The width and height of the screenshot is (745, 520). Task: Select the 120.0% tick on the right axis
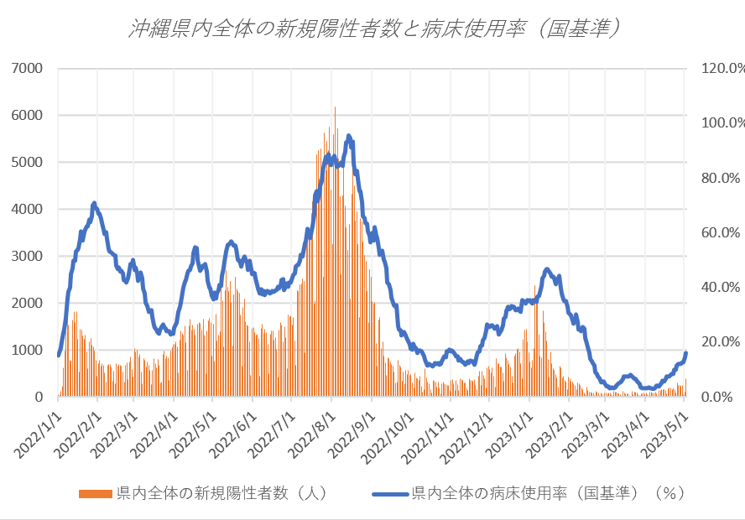[722, 68]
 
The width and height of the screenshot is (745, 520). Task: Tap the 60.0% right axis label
[722, 232]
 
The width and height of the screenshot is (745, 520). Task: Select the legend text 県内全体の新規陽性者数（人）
[221, 493]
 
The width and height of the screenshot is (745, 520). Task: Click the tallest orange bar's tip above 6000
[335, 107]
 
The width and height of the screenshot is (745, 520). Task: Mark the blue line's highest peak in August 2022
[348, 135]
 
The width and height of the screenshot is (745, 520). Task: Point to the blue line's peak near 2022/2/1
[94, 203]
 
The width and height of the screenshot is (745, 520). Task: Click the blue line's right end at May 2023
[685, 353]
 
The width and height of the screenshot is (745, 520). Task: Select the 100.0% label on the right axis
[722, 122]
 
